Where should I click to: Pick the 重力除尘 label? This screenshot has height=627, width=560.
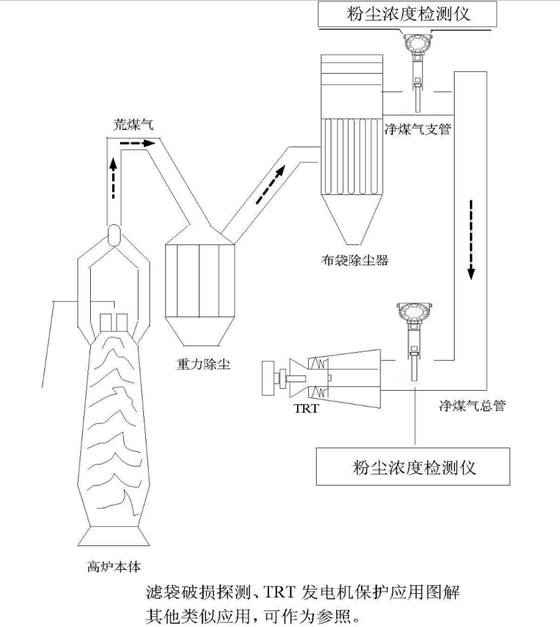click(200, 364)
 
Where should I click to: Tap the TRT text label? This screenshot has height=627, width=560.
click(306, 409)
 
